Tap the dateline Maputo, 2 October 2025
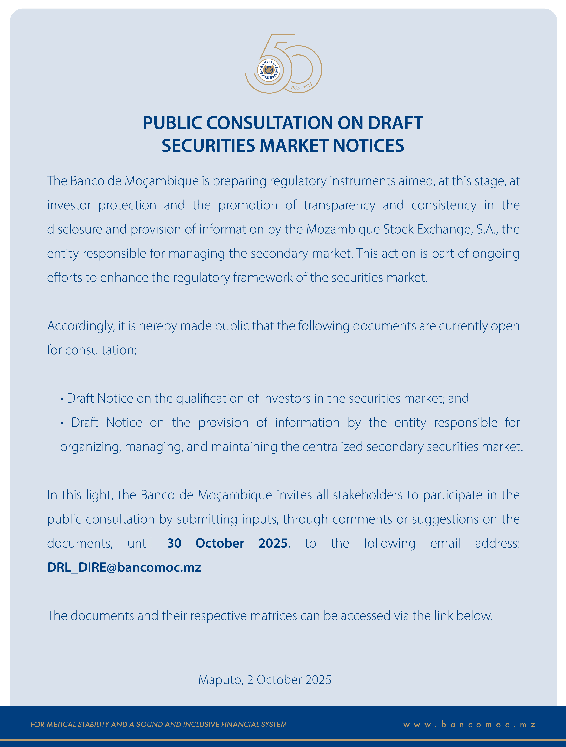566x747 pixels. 265,680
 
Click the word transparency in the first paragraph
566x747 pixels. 339,205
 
